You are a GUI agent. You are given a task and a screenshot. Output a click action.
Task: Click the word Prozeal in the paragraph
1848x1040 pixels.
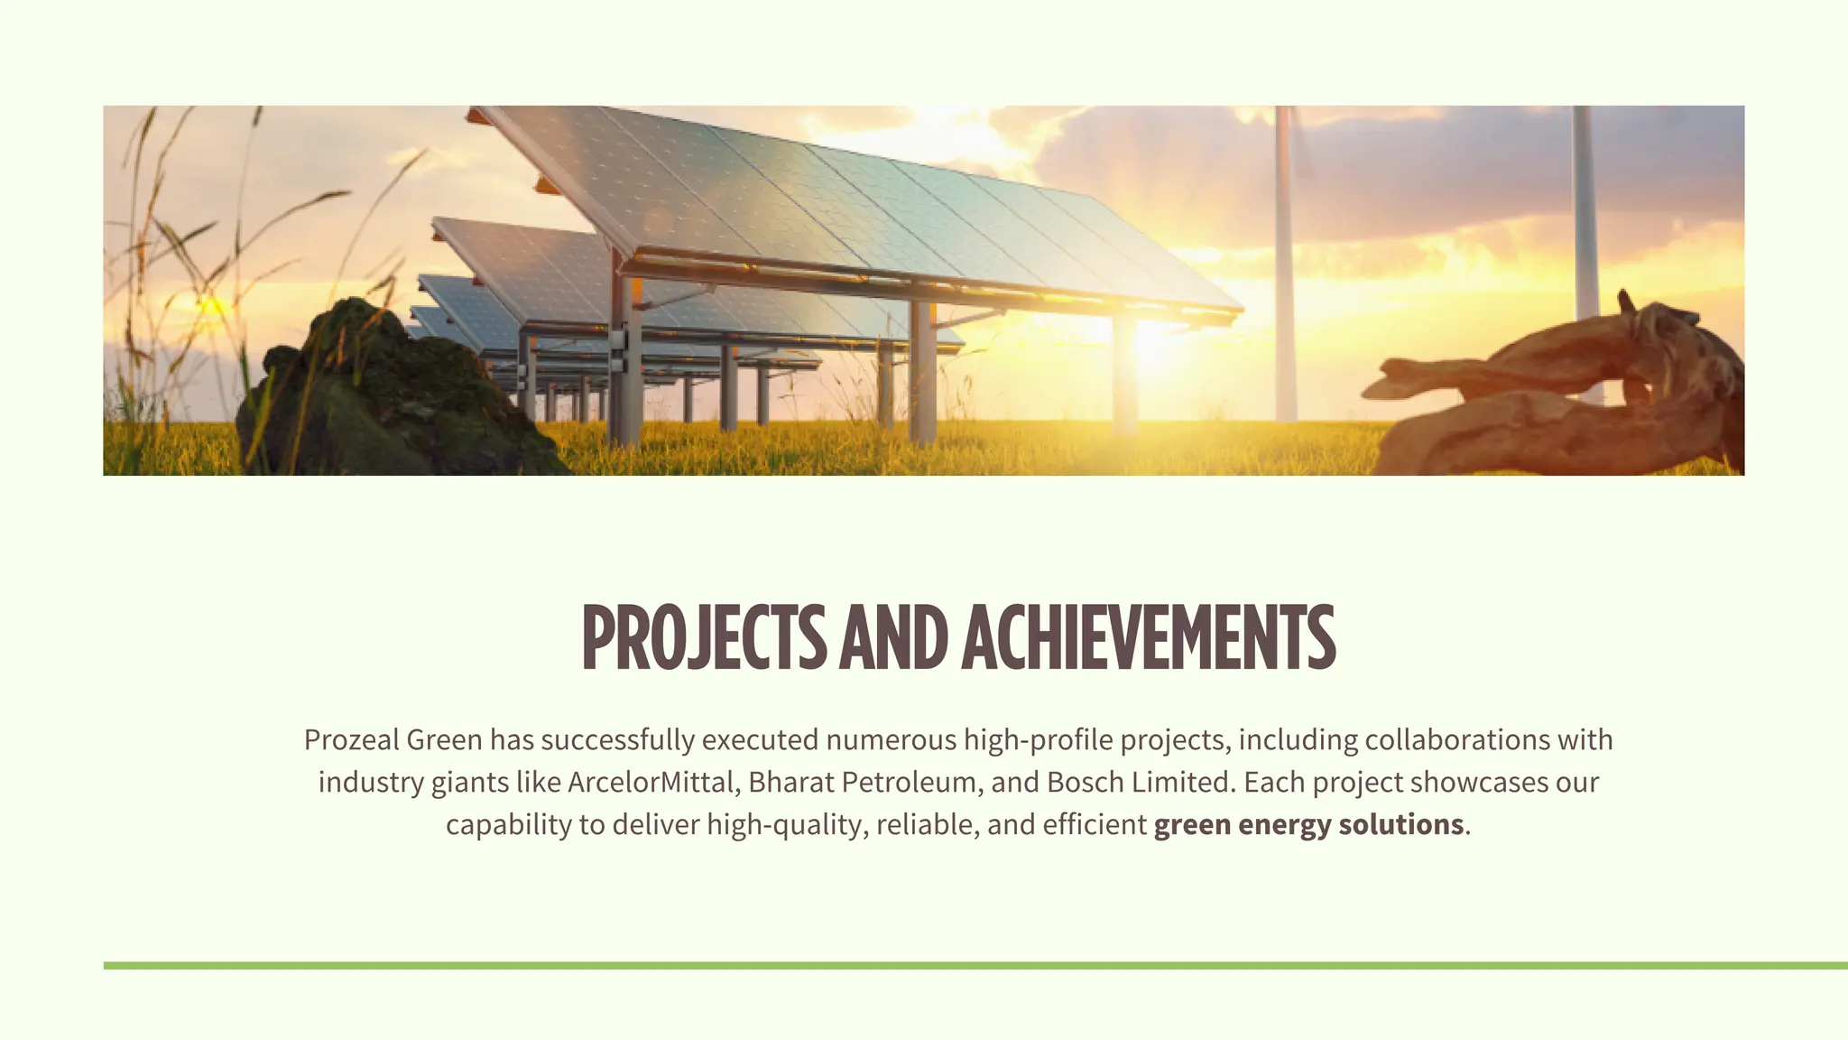(351, 740)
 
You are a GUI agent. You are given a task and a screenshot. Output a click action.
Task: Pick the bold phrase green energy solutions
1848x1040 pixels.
(1308, 824)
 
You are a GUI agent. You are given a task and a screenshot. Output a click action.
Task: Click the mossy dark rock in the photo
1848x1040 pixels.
(388, 397)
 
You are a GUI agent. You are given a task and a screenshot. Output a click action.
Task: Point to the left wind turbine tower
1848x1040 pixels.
(1284, 271)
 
